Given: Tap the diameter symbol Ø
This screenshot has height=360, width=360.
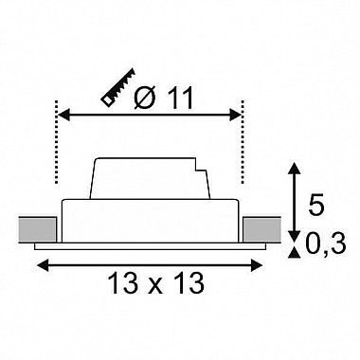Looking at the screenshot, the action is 146,98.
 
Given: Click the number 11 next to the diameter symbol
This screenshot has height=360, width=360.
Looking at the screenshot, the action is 180,98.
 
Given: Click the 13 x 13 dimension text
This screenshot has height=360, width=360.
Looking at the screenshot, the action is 156,283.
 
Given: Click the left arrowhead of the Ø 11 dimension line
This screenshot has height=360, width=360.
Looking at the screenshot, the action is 63,115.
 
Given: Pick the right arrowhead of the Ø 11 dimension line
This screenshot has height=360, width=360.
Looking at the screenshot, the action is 236,115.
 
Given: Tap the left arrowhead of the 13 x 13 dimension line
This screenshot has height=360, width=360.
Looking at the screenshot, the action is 43,264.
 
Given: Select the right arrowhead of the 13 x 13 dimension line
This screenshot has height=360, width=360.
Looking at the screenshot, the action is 257,264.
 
